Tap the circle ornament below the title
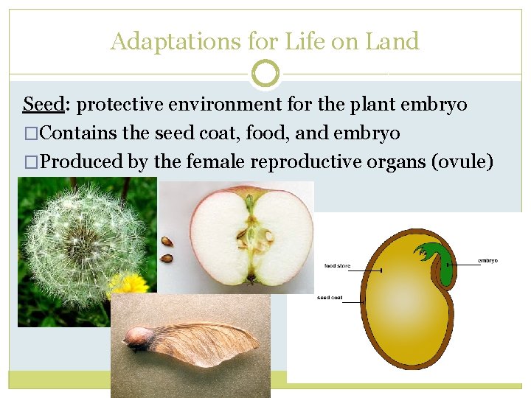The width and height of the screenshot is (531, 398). pyautogui.click(x=265, y=74)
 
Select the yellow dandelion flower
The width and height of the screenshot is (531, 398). pyautogui.click(x=128, y=286)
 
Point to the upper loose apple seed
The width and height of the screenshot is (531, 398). pyautogui.click(x=168, y=241)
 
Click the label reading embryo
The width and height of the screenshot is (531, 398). pyautogui.click(x=487, y=260)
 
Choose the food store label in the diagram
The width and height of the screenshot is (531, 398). pyautogui.click(x=338, y=265)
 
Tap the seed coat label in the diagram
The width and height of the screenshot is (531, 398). pyautogui.click(x=329, y=298)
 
